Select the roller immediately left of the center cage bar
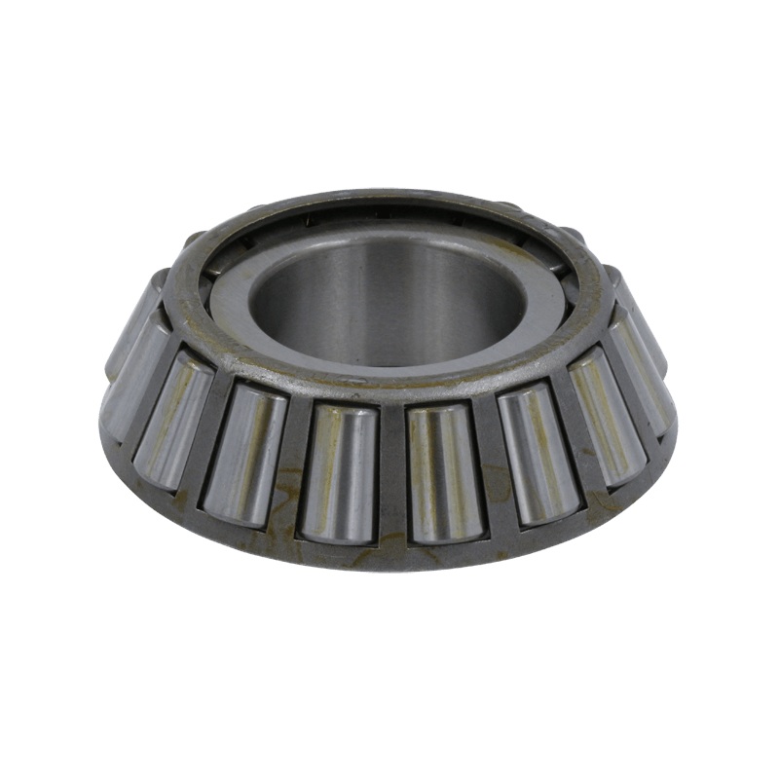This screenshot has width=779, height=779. point(339,471)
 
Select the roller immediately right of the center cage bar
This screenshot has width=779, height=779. point(445,471)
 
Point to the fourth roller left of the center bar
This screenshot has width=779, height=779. point(131,375)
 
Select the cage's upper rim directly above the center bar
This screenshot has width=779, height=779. point(392,386)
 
